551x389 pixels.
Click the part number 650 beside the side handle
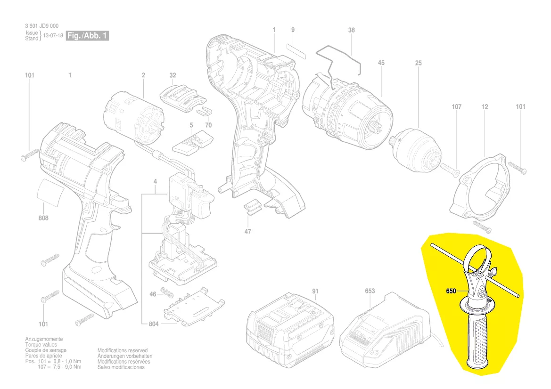451,291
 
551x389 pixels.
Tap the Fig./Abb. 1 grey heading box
88,36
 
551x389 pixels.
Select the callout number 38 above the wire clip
352,30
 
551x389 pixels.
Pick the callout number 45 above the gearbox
381,63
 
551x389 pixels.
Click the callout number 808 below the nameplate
43,219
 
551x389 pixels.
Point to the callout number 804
153,324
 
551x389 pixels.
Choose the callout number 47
248,231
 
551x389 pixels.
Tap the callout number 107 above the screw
456,107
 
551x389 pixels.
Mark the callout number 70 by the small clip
208,125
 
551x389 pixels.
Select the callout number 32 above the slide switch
173,75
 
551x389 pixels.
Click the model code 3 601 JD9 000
42,26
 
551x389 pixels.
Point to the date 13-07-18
53,36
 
